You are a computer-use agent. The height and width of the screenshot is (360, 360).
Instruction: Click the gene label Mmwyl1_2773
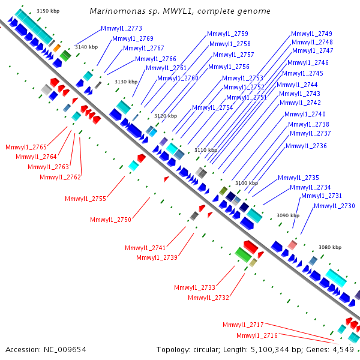121,28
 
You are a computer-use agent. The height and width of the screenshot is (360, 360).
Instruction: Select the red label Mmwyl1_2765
26,147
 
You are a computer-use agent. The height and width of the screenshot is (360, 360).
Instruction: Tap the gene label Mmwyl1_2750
110,220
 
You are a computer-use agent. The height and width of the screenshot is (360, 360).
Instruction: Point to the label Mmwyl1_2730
334,206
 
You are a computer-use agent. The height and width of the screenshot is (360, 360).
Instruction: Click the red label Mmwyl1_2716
257,335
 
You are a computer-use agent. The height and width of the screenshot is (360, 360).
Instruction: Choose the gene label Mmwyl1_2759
227,34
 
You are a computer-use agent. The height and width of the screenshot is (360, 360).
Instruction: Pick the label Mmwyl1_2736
306,146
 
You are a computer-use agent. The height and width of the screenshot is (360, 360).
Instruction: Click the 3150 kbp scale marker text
48,11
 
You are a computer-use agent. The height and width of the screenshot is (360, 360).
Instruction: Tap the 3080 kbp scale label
330,247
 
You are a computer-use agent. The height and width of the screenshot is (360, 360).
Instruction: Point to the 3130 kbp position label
126,82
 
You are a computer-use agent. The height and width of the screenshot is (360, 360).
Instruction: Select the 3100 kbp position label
247,183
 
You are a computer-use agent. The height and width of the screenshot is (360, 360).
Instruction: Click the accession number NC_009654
65,350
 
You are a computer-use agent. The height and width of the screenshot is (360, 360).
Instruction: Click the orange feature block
57,48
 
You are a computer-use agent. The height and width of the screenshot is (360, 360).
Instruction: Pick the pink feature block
293,245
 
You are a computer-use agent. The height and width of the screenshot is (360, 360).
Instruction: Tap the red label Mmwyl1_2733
194,287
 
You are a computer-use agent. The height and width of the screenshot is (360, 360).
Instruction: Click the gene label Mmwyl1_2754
212,107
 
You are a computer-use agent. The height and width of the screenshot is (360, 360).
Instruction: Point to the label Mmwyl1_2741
145,248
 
